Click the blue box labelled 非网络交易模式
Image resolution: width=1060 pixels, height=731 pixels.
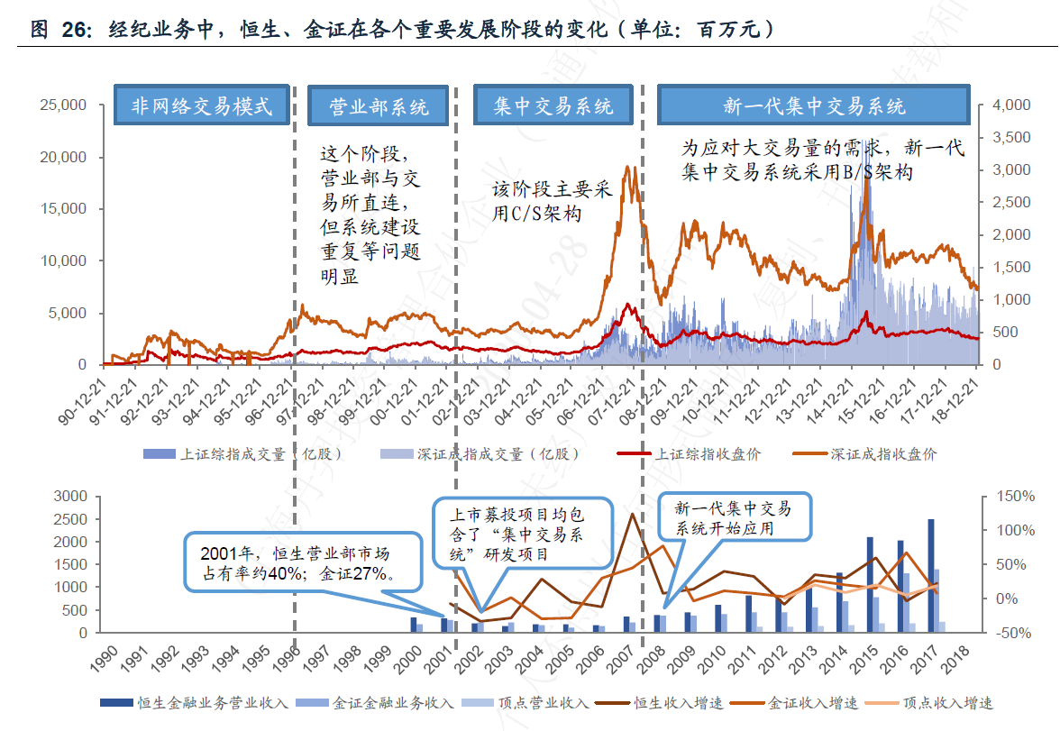(202, 106)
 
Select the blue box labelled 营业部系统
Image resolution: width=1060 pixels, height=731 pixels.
(378, 106)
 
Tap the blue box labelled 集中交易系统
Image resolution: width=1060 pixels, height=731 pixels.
(553, 106)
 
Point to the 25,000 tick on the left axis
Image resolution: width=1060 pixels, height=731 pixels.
(62, 105)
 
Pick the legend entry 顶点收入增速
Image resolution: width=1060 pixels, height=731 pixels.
(946, 703)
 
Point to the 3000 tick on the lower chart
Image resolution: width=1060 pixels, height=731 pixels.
(71, 497)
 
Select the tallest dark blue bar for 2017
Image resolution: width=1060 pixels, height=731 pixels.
(931, 575)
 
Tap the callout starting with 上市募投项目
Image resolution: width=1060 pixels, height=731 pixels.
(517, 534)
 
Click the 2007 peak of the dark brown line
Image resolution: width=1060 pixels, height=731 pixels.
(633, 515)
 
